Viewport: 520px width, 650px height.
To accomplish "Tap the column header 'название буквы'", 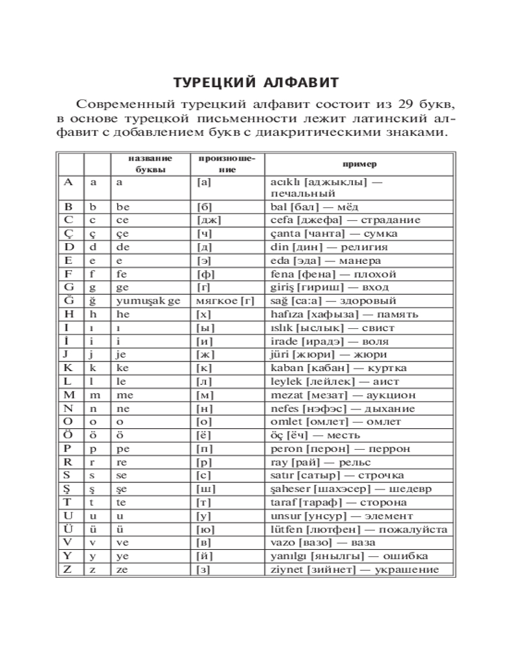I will (149, 164).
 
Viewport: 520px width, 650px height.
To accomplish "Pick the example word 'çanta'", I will (284, 233).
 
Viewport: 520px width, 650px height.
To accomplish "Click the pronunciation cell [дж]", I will (208, 220).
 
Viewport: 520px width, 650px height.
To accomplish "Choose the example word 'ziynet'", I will (285, 570).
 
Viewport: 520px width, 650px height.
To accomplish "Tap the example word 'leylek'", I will (285, 382).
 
